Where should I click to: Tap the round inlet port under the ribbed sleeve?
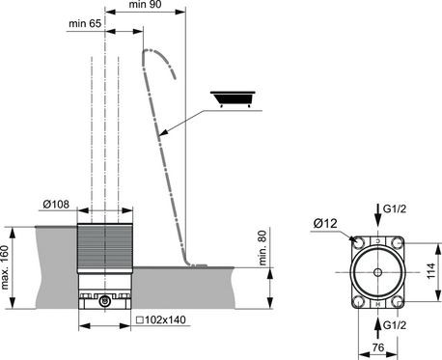point(104,301)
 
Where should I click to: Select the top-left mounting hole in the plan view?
point(358,243)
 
